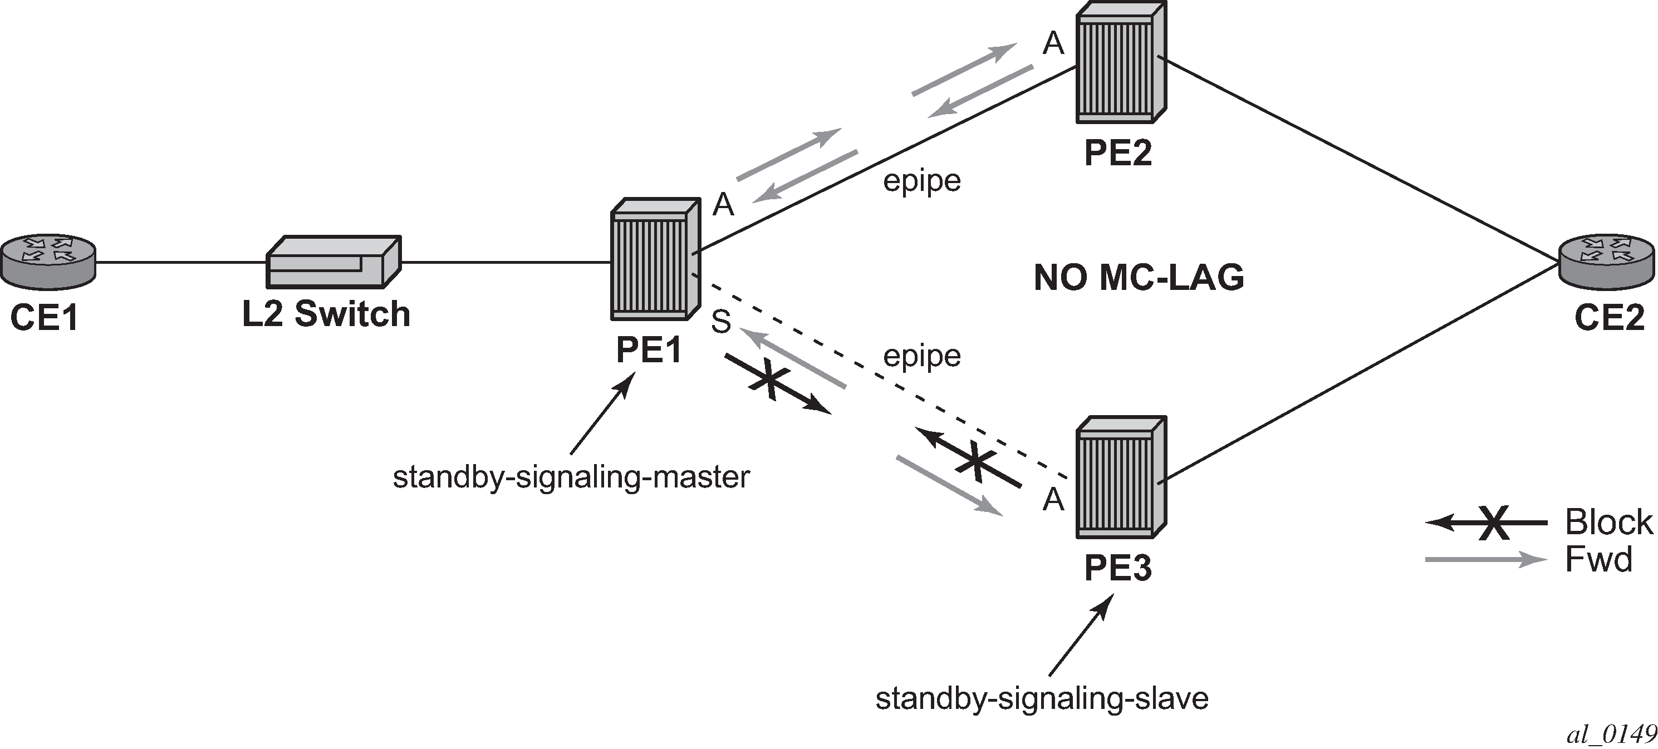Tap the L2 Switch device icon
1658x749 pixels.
point(333,262)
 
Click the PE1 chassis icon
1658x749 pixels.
point(655,259)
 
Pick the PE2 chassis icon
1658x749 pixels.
point(1121,62)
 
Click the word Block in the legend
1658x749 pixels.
point(1608,521)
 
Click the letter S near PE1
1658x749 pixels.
point(721,322)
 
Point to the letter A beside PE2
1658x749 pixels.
point(1053,44)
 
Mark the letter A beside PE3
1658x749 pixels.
point(1053,499)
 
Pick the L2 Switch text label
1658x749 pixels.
point(326,314)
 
